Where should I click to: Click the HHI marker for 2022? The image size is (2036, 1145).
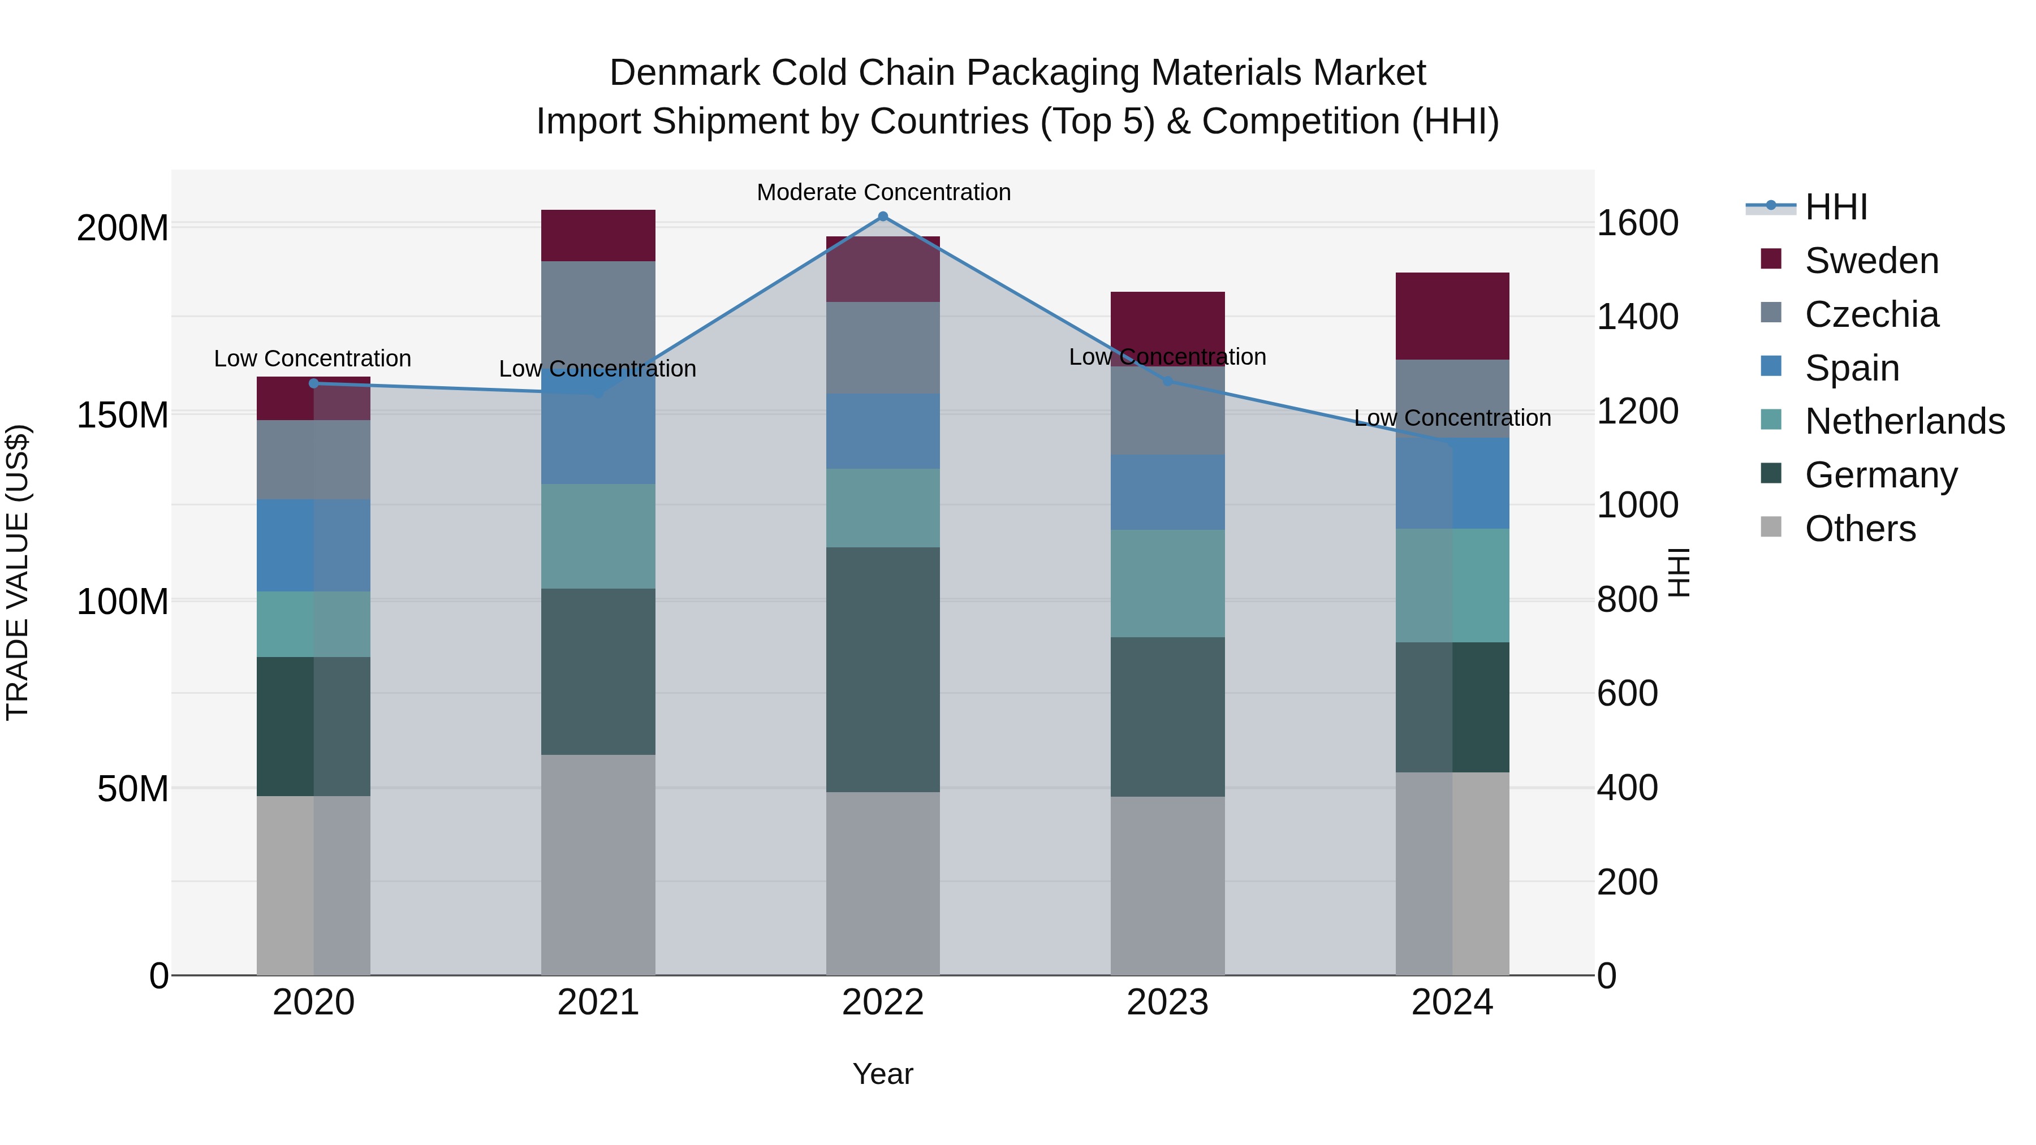(883, 217)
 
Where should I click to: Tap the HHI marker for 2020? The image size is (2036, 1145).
(314, 383)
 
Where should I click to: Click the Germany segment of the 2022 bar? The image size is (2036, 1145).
(883, 669)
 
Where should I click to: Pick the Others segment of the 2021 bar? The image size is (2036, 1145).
(598, 865)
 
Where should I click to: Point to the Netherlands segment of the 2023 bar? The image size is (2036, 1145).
(1167, 583)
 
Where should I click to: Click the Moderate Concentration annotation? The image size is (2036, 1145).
(883, 192)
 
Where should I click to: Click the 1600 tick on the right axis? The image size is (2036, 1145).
(1637, 223)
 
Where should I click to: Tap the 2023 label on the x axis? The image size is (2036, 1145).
(1167, 1003)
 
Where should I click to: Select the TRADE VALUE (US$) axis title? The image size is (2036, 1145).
(18, 572)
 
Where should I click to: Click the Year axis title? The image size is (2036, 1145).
(883, 1074)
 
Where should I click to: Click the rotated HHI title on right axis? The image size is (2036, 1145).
(1678, 572)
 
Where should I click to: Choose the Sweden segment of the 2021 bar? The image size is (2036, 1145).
(598, 235)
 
